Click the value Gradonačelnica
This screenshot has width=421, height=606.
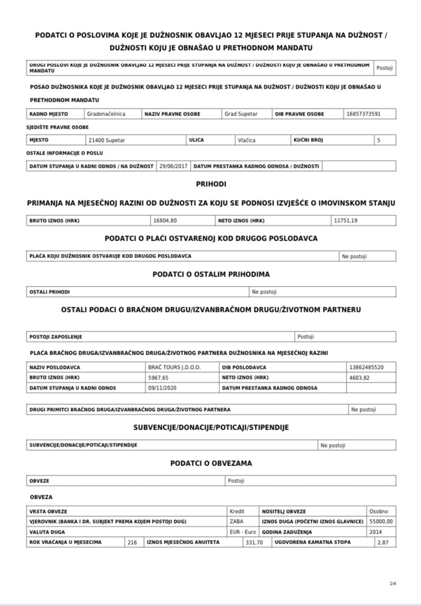pos(106,114)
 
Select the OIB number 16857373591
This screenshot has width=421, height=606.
pos(363,114)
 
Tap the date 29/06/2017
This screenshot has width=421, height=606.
pos(173,166)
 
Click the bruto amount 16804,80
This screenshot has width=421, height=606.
pos(165,221)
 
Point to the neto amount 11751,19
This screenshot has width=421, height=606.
pos(346,221)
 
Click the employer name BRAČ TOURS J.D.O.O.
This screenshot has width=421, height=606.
pos(175,367)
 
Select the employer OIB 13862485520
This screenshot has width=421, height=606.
pos(366,367)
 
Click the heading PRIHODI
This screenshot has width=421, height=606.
pos(211,184)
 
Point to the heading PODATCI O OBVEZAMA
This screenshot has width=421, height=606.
pos(211,463)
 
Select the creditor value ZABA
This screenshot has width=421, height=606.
pos(238,522)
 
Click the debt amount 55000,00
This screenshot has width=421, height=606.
pos(382,522)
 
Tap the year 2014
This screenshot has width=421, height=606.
pos(376,532)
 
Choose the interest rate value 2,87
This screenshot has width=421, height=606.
pos(382,543)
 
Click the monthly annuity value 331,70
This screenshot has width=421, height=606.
pos(254,543)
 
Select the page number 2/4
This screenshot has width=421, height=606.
pos(392,583)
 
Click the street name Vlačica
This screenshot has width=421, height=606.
pos(247,140)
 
